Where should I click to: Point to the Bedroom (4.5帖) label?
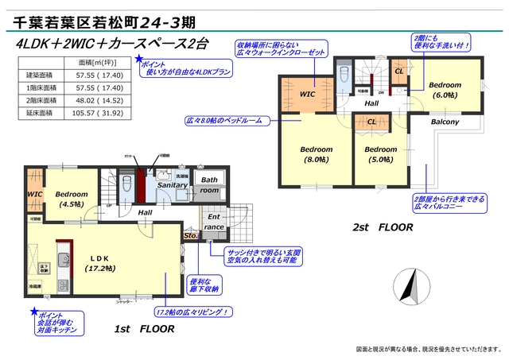click(72, 198)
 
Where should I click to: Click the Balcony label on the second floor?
click(445, 122)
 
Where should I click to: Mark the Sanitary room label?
click(171, 184)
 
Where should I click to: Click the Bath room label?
click(208, 185)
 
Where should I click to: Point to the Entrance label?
click(214, 222)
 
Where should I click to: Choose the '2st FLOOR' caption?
click(383, 226)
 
